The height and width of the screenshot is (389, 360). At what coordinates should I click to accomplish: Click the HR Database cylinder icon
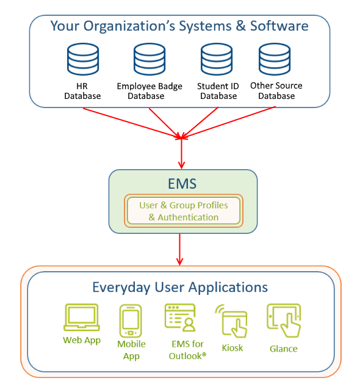pyautogui.click(x=83, y=59)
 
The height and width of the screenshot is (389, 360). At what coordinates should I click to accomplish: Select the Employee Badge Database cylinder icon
pyautogui.click(x=149, y=59)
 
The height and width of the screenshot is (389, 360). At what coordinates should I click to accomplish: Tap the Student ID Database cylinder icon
pyautogui.click(x=217, y=59)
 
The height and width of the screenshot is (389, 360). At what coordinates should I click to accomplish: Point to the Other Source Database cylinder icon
pyautogui.click(x=275, y=59)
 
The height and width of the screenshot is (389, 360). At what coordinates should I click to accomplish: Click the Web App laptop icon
pyautogui.click(x=82, y=318)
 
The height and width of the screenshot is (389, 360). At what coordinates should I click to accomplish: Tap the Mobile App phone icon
pyautogui.click(x=131, y=321)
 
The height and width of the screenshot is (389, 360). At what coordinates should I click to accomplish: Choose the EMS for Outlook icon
pyautogui.click(x=181, y=318)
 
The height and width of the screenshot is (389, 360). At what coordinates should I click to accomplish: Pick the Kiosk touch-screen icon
pyautogui.click(x=231, y=321)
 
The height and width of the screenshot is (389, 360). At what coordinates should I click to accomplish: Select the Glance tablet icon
pyautogui.click(x=284, y=320)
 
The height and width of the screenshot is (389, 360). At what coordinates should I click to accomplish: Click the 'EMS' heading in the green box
pyautogui.click(x=182, y=184)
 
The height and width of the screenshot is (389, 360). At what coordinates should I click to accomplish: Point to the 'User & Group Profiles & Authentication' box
pyautogui.click(x=184, y=211)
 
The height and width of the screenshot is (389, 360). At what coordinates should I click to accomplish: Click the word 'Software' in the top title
pyautogui.click(x=279, y=26)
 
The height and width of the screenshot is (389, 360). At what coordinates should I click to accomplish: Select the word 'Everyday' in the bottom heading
pyautogui.click(x=121, y=288)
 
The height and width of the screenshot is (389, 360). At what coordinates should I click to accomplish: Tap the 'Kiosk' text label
pyautogui.click(x=232, y=348)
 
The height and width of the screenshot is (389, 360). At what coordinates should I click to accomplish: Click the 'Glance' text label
pyautogui.click(x=284, y=349)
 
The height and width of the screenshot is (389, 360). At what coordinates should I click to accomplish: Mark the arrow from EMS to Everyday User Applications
pyautogui.click(x=180, y=249)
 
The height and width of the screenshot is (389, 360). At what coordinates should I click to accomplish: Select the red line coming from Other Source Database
pyautogui.click(x=228, y=122)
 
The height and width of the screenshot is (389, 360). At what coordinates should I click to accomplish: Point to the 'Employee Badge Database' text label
pyautogui.click(x=149, y=91)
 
